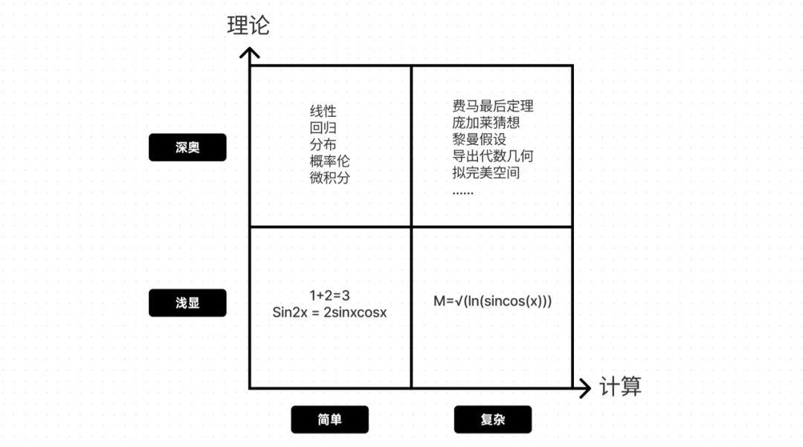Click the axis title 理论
pyautogui.click(x=248, y=25)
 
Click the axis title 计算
pyautogui.click(x=620, y=387)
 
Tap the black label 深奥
pyautogui.click(x=187, y=148)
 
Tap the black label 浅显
pyautogui.click(x=187, y=303)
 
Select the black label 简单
pyautogui.click(x=329, y=419)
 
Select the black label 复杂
pyautogui.click(x=492, y=419)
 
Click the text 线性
pyautogui.click(x=323, y=112)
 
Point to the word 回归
pyautogui.click(x=323, y=128)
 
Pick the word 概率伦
pyautogui.click(x=329, y=161)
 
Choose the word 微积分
pyautogui.click(x=329, y=178)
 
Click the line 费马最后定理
pyautogui.click(x=492, y=106)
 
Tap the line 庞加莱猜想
pyautogui.click(x=486, y=122)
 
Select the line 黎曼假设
pyautogui.click(x=479, y=139)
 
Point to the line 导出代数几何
pyautogui.click(x=492, y=156)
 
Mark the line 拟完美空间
pyautogui.click(x=486, y=173)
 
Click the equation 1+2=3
pyautogui.click(x=329, y=295)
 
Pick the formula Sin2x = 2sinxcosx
pyautogui.click(x=329, y=312)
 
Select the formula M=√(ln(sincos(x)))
pyautogui.click(x=492, y=302)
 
